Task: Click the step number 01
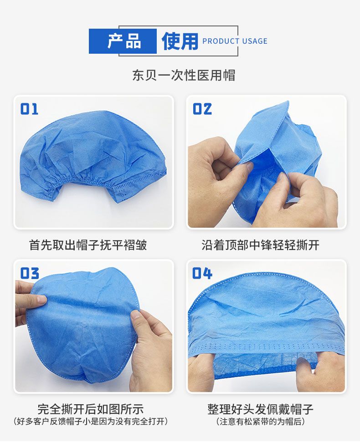point(29,109)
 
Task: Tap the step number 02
point(202,109)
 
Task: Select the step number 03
point(30,274)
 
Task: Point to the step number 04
point(202,274)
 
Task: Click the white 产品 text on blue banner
point(124,41)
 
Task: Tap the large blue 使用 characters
point(180,41)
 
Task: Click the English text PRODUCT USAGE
point(235,41)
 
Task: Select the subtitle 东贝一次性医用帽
point(184,75)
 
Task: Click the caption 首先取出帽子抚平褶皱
point(88,245)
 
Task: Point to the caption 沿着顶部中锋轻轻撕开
point(260,245)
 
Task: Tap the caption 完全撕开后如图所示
point(91,409)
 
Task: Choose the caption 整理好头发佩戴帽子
point(260,409)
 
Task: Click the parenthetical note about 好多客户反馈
point(91,422)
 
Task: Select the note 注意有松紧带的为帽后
point(260,422)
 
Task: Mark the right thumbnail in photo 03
point(135,315)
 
